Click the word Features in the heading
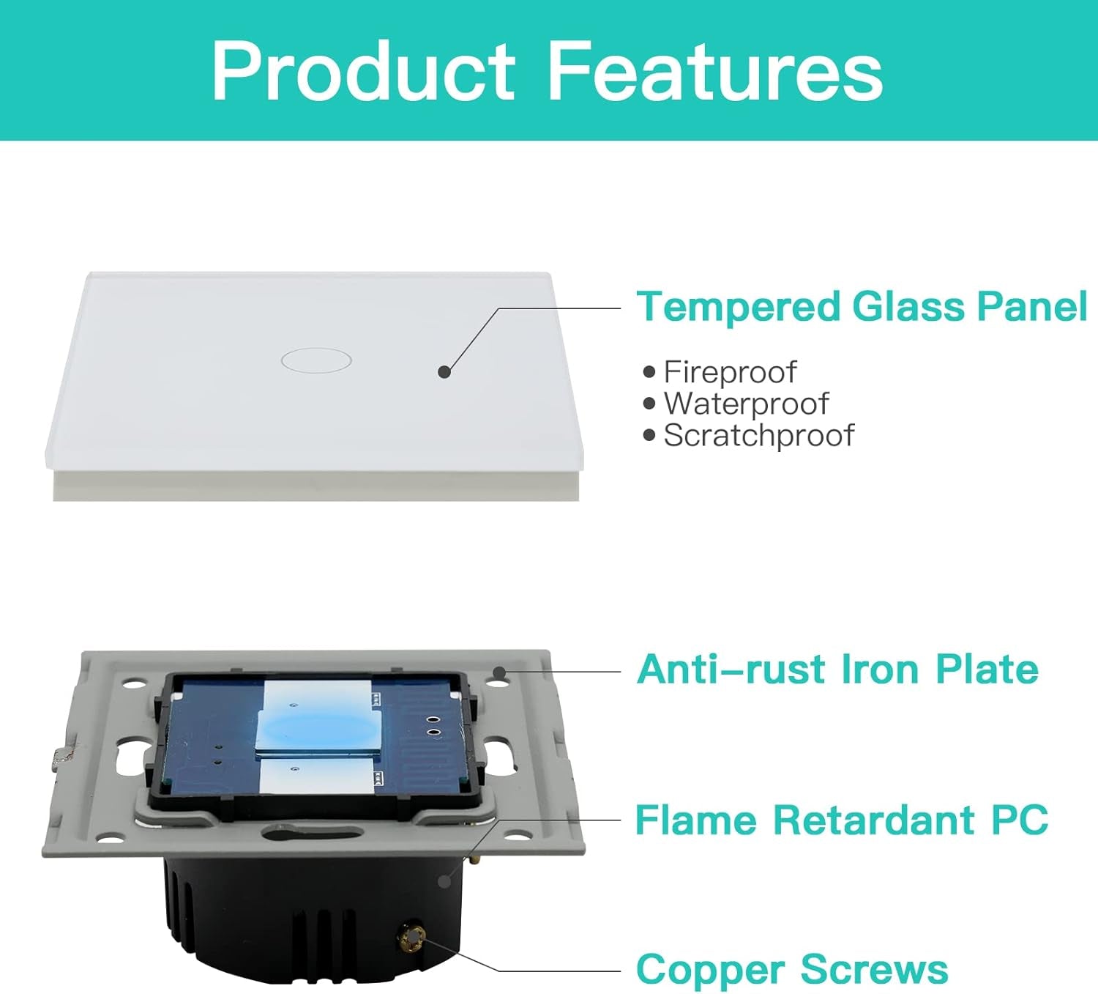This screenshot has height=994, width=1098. (x=715, y=70)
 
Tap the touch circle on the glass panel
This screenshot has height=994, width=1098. (x=316, y=360)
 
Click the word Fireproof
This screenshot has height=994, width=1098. (x=731, y=373)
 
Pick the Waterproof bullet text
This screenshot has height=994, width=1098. (x=746, y=404)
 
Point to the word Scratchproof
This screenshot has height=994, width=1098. (x=758, y=436)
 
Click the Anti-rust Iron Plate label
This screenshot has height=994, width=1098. (x=837, y=669)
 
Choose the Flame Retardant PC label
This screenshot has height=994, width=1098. (x=842, y=820)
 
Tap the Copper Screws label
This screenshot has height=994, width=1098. (x=792, y=969)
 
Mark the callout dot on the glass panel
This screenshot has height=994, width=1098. (x=444, y=372)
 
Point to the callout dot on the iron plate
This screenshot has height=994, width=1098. (x=499, y=672)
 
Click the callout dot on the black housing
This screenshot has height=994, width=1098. (x=445, y=881)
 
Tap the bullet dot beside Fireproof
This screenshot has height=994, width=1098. (x=649, y=373)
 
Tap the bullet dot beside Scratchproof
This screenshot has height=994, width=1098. (x=649, y=436)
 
